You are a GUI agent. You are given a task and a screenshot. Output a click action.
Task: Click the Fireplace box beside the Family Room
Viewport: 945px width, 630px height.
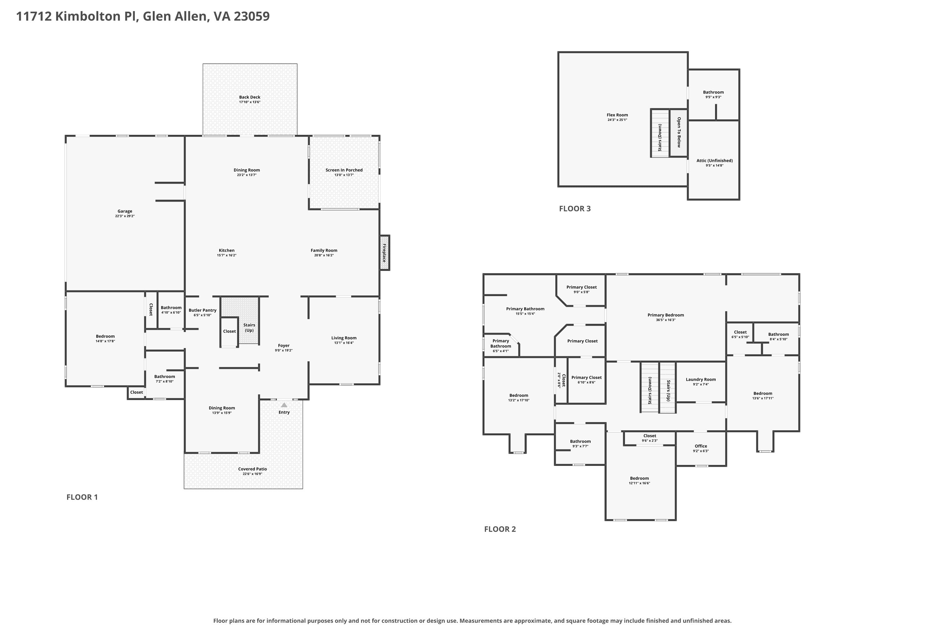point(385,253)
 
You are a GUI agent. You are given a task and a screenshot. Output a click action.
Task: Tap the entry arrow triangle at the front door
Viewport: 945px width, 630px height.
point(284,404)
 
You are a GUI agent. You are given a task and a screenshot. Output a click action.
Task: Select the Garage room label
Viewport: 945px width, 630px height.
point(125,211)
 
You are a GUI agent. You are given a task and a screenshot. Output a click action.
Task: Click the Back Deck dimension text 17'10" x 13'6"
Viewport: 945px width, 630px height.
point(250,102)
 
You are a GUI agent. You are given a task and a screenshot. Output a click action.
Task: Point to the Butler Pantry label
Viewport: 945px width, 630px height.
point(203,310)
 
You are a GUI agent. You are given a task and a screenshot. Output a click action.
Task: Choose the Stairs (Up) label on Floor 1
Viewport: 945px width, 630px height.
point(249,328)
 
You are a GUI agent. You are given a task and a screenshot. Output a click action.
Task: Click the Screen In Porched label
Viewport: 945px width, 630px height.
point(344,170)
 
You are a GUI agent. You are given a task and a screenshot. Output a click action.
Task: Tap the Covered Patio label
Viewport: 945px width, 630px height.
point(252,469)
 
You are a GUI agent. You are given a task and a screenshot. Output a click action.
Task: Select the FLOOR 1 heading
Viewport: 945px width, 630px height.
point(82,497)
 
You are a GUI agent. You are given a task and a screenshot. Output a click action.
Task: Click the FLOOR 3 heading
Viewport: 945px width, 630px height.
point(575,209)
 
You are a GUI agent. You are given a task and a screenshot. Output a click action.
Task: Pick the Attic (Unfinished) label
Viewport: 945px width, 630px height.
point(714,161)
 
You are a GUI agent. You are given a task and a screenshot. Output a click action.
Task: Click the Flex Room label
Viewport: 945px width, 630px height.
point(617,115)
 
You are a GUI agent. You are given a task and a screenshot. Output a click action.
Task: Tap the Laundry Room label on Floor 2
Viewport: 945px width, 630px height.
point(701,379)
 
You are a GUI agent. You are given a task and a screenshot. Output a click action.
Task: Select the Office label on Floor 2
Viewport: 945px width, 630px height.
point(701,446)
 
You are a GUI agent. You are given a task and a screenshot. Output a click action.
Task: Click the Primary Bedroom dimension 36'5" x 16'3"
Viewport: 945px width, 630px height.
point(666,320)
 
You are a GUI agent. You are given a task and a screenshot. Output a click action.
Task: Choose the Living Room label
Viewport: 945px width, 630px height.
point(344,338)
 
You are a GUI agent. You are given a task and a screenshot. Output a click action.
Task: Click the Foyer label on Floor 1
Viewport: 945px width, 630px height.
point(284,346)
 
